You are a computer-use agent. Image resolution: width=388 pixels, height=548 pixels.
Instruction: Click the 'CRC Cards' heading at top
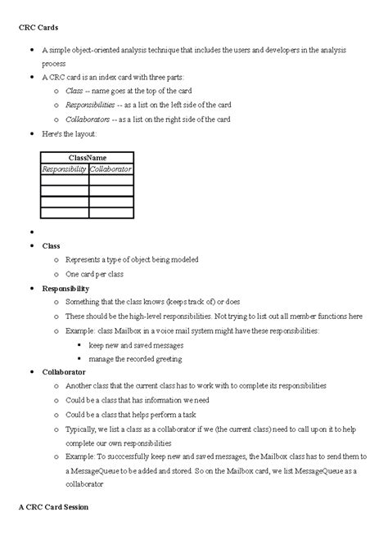pos(38,29)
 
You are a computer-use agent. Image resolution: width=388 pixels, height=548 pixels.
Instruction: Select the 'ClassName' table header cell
pos(87,157)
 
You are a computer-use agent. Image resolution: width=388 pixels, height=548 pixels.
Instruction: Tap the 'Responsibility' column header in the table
pos(65,168)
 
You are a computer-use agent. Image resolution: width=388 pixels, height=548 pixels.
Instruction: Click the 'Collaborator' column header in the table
pos(111,168)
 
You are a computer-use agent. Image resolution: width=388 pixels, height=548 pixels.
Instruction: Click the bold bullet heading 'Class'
pos(51,245)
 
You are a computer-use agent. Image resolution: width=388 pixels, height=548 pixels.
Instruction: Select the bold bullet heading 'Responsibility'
pos(65,288)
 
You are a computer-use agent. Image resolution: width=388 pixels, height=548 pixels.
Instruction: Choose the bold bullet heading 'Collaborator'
pos(63,371)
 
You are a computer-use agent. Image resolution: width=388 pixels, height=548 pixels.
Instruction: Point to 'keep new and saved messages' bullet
pos(137,344)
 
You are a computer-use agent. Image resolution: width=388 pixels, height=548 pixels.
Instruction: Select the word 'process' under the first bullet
pos(54,62)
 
